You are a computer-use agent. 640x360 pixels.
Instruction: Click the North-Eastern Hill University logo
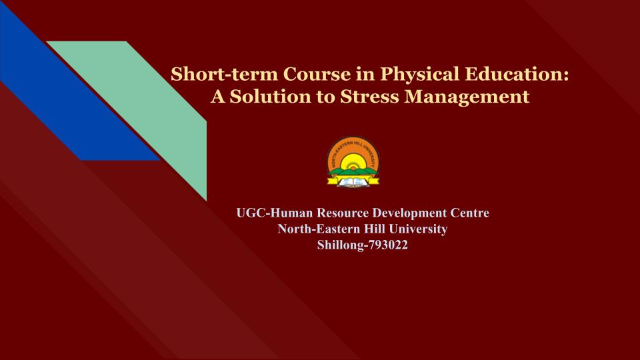coord(353,162)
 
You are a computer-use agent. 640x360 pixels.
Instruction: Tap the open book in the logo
coord(353,182)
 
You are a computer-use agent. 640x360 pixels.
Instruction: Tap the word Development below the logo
coord(409,213)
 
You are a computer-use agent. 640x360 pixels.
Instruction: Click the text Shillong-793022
coord(363,245)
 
